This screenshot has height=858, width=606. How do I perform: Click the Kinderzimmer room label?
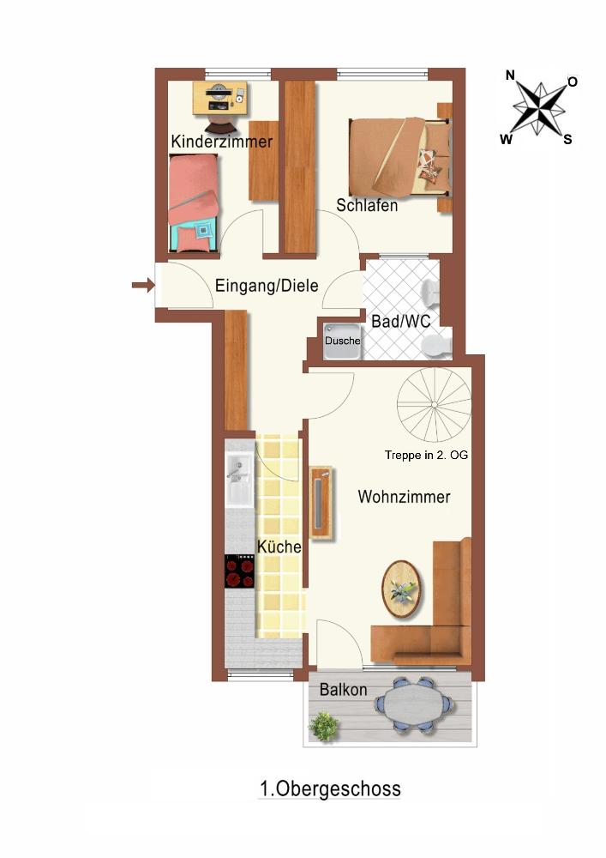(221, 142)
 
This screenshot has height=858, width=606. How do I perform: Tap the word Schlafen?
(367, 205)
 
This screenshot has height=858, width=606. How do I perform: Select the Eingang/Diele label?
(267, 286)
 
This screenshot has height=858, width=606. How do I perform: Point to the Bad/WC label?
(400, 321)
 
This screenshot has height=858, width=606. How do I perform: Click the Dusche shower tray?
(342, 341)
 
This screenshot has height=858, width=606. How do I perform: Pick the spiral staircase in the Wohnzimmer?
(434, 404)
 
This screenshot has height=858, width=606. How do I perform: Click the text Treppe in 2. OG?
(426, 455)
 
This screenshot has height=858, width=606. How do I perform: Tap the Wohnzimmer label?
(404, 497)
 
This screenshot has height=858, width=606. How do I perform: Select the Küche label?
(279, 546)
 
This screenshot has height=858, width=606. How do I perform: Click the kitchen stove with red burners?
(239, 571)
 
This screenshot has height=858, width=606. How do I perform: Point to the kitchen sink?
(238, 479)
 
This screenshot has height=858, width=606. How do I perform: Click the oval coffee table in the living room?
(402, 589)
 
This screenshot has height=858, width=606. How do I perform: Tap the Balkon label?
(343, 690)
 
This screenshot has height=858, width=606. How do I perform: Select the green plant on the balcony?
(323, 726)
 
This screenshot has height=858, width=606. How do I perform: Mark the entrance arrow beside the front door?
(143, 285)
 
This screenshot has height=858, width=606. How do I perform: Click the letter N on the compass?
(510, 76)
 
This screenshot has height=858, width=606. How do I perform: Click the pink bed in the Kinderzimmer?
(194, 203)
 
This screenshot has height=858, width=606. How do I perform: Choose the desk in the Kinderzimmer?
(219, 99)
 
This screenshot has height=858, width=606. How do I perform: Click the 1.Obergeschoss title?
(330, 789)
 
